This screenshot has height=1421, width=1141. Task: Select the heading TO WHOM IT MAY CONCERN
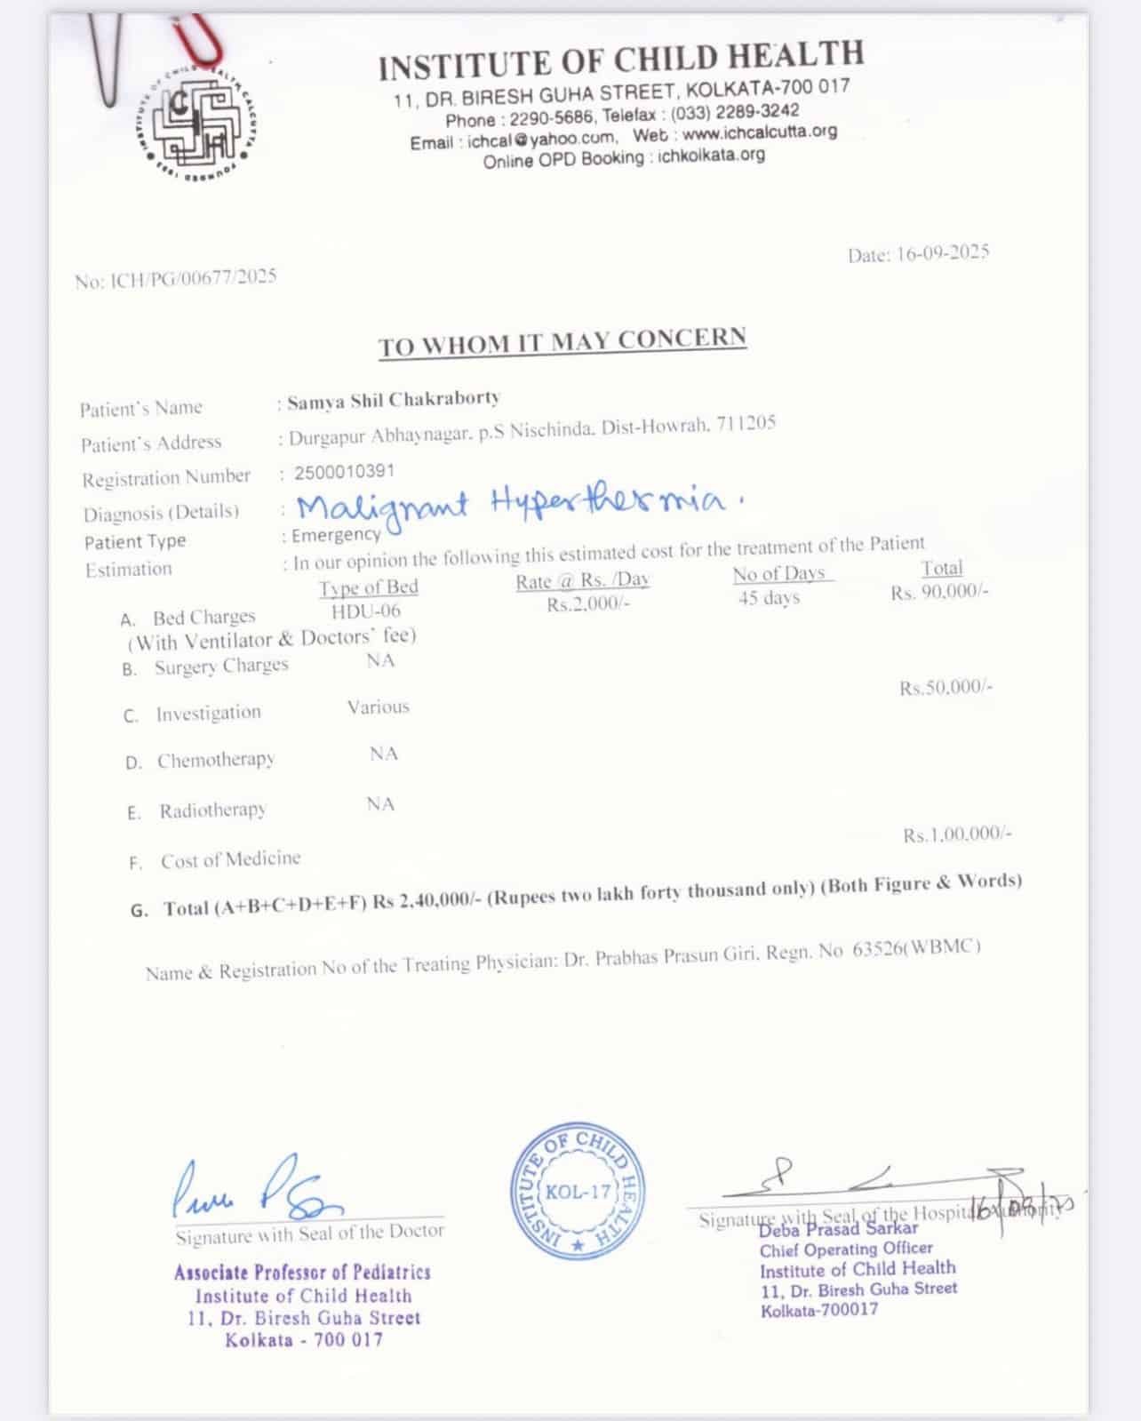click(x=562, y=342)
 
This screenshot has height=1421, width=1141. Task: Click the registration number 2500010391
click(x=344, y=472)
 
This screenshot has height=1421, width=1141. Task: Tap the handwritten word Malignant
click(x=382, y=507)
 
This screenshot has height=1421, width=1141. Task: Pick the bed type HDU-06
click(x=366, y=611)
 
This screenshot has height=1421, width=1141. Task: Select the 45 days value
click(x=769, y=598)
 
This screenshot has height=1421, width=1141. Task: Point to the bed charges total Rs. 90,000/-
click(x=939, y=592)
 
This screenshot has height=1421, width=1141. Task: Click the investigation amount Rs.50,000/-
click(x=946, y=688)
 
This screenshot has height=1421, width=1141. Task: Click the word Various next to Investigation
click(x=379, y=707)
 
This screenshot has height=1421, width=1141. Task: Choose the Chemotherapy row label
click(x=215, y=761)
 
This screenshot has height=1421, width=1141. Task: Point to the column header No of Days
click(x=779, y=574)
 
